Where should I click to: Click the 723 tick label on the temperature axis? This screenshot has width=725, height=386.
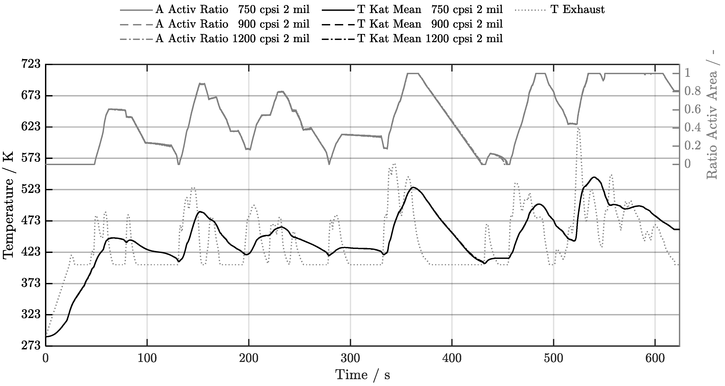tap(31, 64)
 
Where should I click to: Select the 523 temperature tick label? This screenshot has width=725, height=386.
tap(31, 190)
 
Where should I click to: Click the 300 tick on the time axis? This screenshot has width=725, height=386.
tap(350, 358)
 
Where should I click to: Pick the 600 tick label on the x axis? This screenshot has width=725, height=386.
tap(655, 358)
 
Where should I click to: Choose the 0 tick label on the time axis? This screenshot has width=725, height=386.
tap(46, 358)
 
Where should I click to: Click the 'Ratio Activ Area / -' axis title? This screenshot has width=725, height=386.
tap(712, 115)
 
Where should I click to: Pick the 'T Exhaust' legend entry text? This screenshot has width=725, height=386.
tap(577, 9)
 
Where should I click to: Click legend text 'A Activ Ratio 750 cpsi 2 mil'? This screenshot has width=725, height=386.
tap(232, 9)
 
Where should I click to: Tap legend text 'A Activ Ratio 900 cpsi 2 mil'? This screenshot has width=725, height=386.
tap(232, 24)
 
